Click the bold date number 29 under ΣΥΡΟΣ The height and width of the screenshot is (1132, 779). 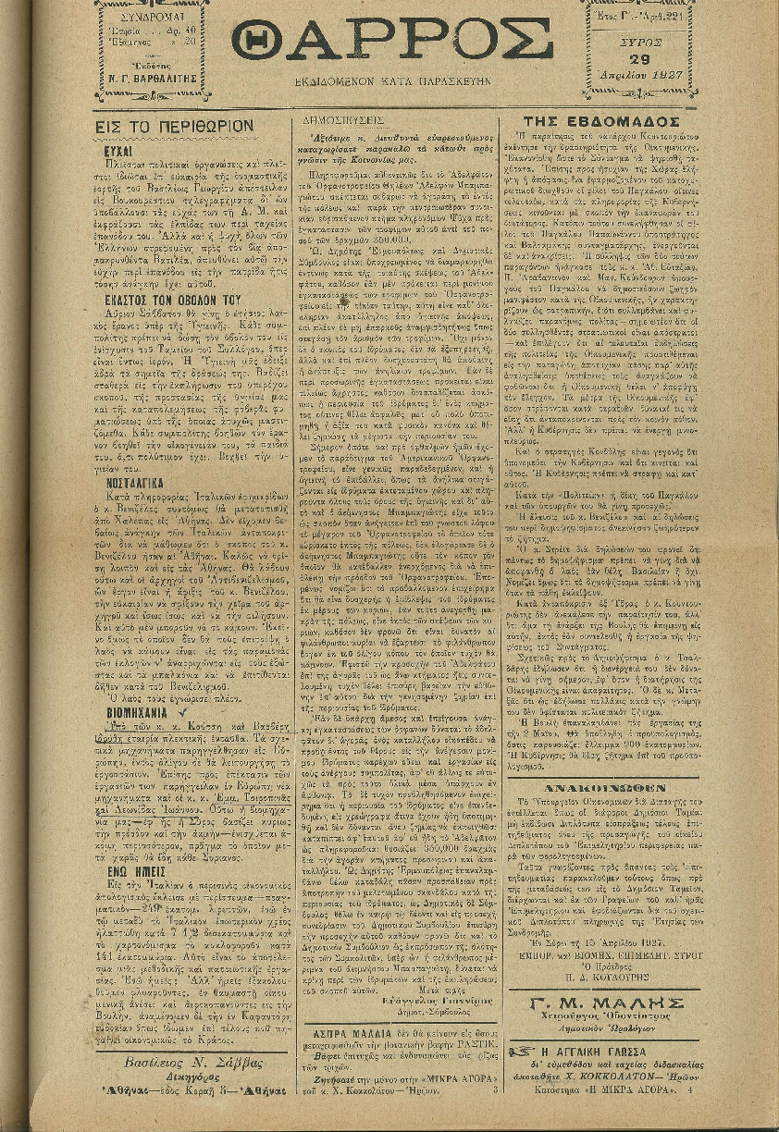coord(625,59)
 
